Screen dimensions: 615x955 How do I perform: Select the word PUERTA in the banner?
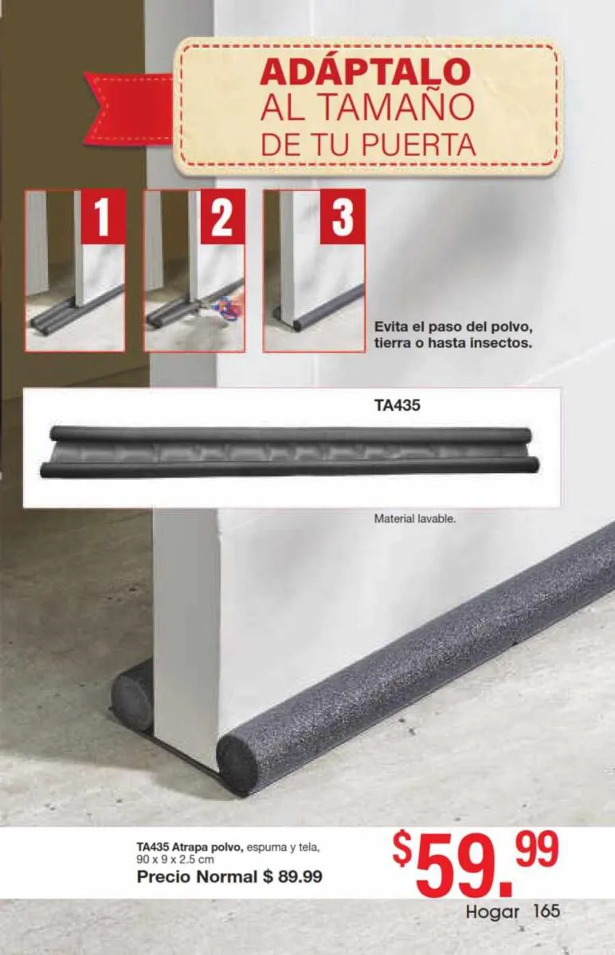click(x=419, y=144)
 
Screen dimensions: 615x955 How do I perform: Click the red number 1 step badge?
click(x=104, y=216)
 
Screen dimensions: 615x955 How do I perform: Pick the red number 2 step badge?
click(x=223, y=216)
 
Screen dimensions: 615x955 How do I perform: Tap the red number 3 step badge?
click(x=343, y=216)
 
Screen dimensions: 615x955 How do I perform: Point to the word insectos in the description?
click(x=500, y=343)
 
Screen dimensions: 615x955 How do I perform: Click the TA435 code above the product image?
click(x=397, y=405)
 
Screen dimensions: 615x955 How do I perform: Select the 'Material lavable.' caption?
click(x=415, y=519)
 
